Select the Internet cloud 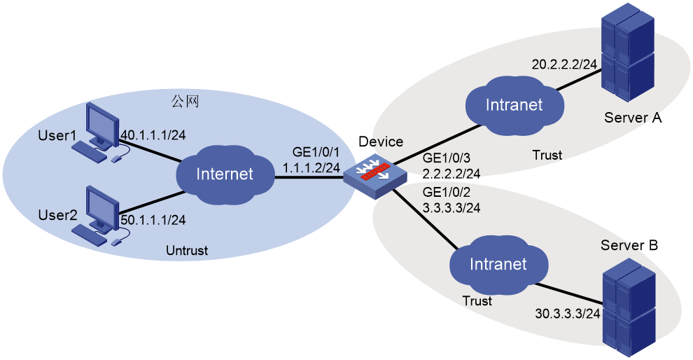pos(225,174)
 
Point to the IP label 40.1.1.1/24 pos(153,134)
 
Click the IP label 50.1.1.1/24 pos(153,220)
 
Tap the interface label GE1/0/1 pos(316,153)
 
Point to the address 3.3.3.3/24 pos(451,207)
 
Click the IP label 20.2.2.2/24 pos(564,64)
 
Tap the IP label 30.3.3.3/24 pos(567,314)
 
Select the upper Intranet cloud pos(514,105)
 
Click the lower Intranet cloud pos(498,264)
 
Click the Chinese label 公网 pos(185,102)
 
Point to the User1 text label pos(56,134)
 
